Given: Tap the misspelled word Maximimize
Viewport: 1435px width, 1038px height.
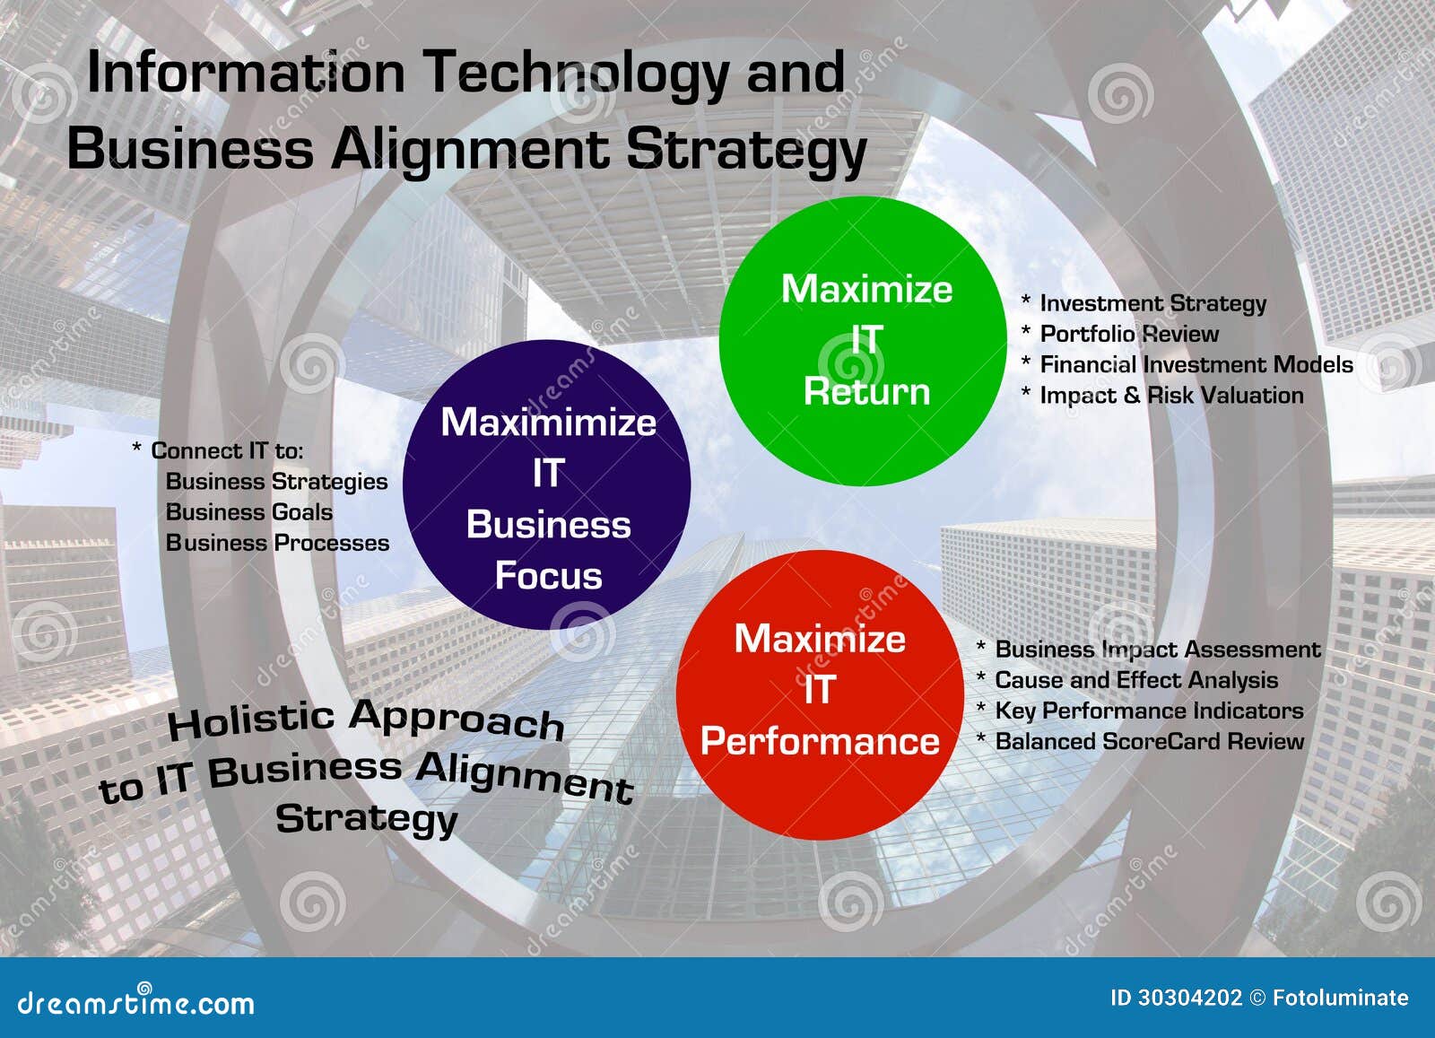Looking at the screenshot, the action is tap(548, 423).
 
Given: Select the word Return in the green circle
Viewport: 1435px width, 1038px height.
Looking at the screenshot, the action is tap(866, 391).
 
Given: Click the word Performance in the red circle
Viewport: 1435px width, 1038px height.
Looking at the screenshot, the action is tap(820, 741).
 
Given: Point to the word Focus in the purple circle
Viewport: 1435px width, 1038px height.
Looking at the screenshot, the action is tap(548, 575).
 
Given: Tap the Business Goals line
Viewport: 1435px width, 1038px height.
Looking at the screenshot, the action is tap(249, 512).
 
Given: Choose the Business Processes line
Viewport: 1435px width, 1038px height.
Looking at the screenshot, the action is tap(277, 544).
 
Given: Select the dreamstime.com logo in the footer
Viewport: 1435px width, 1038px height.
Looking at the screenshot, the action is tap(135, 1001).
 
